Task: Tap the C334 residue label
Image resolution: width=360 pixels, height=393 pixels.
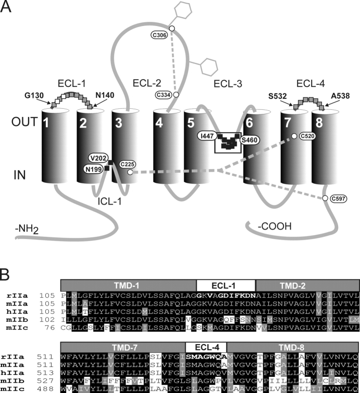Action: (162, 94)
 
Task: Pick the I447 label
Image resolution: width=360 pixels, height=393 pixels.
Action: (207, 136)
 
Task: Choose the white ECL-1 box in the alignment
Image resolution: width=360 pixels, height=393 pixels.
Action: (225, 285)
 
